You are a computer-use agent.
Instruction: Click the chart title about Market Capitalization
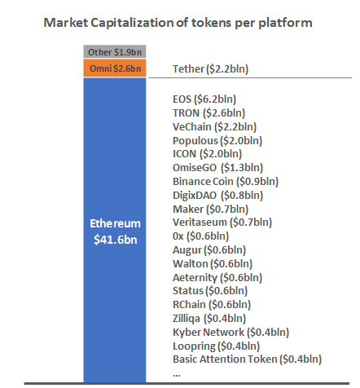[x=178, y=23]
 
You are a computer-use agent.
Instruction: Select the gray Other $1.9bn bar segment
[x=114, y=52]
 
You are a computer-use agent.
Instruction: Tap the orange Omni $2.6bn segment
[x=114, y=68]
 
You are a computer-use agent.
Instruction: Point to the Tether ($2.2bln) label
[x=210, y=69]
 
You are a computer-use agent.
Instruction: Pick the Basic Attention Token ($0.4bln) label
[x=247, y=359]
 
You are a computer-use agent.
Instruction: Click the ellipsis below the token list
[x=177, y=372]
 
